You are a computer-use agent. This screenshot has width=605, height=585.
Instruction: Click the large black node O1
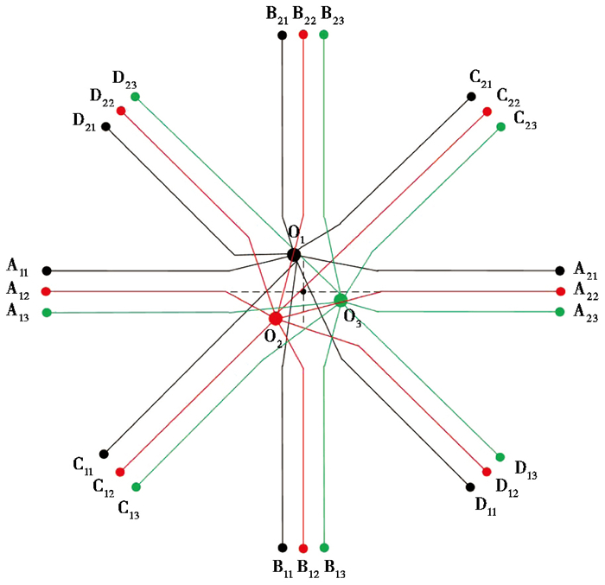(x=294, y=255)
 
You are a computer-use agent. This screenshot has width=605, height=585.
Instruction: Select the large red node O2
(x=276, y=319)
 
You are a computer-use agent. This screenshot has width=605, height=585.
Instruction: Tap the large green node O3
(x=341, y=300)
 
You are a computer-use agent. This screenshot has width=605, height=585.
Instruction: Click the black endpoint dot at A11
(x=47, y=270)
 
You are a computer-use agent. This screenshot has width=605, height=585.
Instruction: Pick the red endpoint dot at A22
(x=561, y=292)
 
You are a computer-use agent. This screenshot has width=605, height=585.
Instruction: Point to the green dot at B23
(x=324, y=35)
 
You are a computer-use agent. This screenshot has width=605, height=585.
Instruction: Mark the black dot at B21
(x=283, y=35)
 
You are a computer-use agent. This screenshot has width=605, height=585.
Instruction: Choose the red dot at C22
(x=487, y=111)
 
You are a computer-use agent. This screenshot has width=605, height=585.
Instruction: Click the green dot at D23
(x=135, y=97)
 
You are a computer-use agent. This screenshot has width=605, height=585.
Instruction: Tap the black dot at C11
(x=104, y=455)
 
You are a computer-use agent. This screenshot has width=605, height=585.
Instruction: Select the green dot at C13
(x=136, y=487)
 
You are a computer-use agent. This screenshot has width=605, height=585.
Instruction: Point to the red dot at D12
(x=487, y=472)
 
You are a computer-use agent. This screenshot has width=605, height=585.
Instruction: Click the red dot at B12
(x=303, y=549)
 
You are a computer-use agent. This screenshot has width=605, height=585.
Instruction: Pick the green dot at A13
(x=47, y=313)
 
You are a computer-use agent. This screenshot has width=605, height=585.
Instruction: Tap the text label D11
(x=486, y=506)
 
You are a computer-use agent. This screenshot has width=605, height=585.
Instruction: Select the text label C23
(x=525, y=120)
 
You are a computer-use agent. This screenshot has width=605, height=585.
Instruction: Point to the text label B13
(x=335, y=569)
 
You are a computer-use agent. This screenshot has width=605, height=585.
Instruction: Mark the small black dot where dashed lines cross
(x=303, y=292)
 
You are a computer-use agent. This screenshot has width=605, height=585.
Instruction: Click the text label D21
(x=84, y=123)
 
